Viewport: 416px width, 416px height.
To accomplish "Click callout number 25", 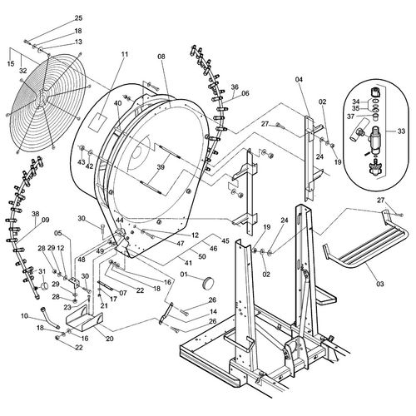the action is coord(79,18).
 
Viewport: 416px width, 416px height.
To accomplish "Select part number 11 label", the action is coord(125,54).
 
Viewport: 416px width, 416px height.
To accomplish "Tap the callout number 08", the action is coord(161,57).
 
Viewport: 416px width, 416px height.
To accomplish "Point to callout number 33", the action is coord(401,131).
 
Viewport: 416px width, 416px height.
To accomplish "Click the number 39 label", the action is coord(161,167).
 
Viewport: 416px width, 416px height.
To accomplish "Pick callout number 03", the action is coord(380,284).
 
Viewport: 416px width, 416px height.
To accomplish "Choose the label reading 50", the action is coord(202,256).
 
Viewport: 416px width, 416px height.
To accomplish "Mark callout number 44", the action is coord(120,220).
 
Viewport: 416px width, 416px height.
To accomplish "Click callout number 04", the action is coord(299,80).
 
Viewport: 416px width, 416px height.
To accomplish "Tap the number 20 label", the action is coord(110,339).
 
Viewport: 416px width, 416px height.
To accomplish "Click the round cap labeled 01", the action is coord(208,282).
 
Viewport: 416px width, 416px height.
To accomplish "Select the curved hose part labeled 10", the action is coord(50,318).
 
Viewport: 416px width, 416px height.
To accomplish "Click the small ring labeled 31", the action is coord(44,285).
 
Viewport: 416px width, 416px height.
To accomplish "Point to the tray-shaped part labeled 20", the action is coord(85,319).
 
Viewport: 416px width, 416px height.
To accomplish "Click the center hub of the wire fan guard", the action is coord(42,97).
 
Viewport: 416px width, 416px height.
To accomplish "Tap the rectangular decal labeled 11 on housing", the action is coord(97,121).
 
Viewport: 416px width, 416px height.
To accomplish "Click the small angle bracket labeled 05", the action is coord(74,281).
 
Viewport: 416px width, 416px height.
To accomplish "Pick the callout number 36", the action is coord(235,87).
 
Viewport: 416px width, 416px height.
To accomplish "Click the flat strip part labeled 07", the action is coord(105,285).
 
